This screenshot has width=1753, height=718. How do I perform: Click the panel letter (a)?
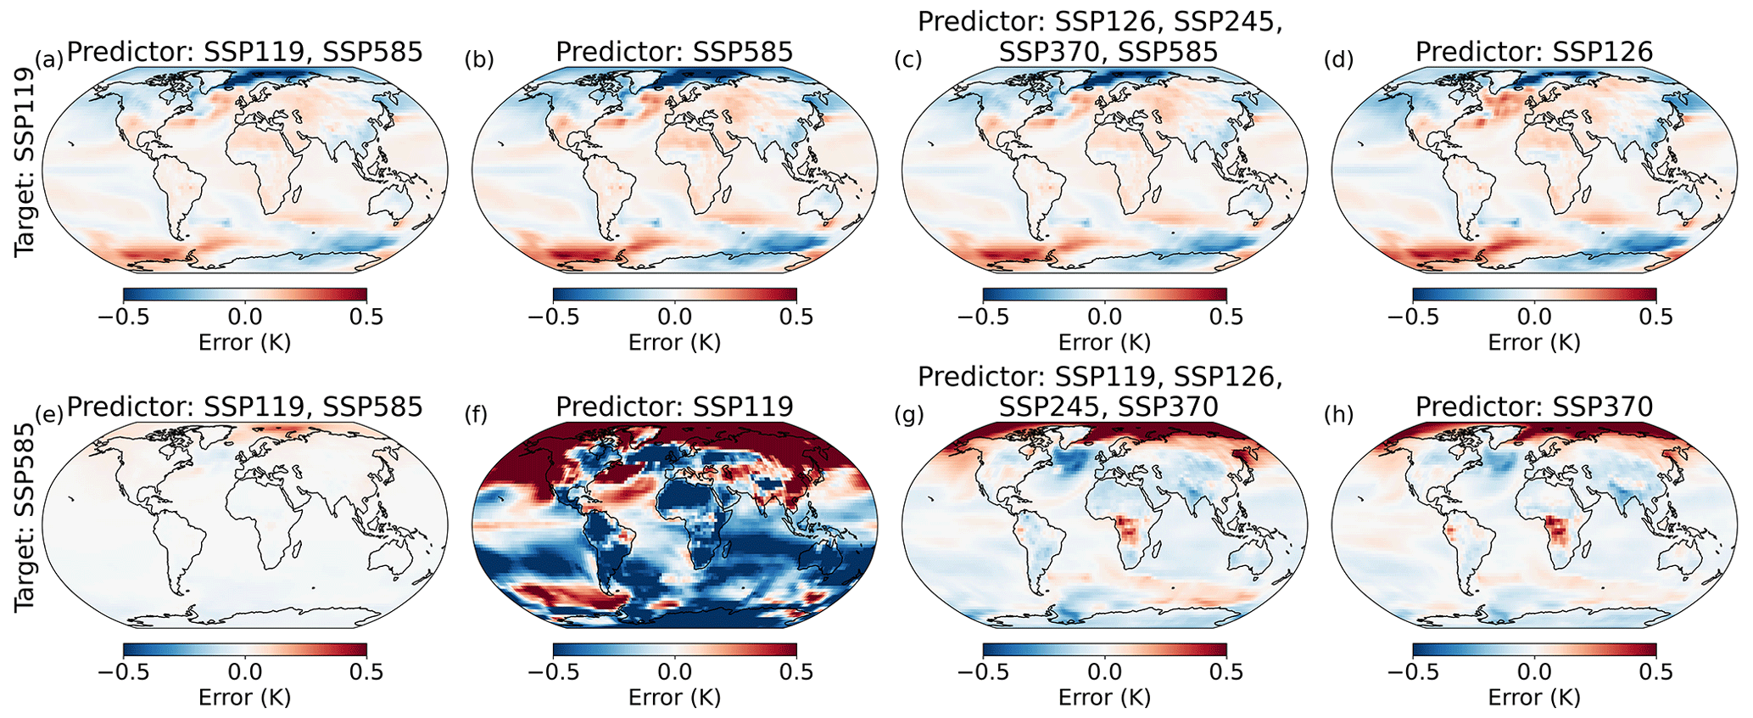pyautogui.click(x=49, y=59)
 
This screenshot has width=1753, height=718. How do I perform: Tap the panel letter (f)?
pyautogui.click(x=479, y=414)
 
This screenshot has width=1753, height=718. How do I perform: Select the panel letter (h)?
pyautogui.click(x=1339, y=414)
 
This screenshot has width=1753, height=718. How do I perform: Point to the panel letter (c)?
pyautogui.click(x=909, y=59)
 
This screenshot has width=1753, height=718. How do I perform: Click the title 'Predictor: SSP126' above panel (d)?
pyautogui.click(x=1534, y=52)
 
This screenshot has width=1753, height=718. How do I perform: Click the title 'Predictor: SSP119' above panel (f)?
pyautogui.click(x=674, y=407)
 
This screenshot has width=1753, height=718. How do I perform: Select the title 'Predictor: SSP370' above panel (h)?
pyautogui.click(x=1534, y=407)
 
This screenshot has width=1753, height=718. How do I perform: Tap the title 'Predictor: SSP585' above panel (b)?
pyautogui.click(x=674, y=52)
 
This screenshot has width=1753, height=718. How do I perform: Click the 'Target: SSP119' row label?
pyautogui.click(x=25, y=161)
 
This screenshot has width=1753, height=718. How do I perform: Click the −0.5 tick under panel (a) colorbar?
pyautogui.click(x=123, y=317)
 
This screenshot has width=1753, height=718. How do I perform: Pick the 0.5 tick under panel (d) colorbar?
pyautogui.click(x=1655, y=317)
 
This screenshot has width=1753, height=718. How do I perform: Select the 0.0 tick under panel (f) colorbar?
pyautogui.click(x=674, y=671)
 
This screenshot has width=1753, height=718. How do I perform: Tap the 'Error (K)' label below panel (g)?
pyautogui.click(x=1104, y=697)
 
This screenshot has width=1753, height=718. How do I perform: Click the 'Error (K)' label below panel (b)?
pyautogui.click(x=674, y=342)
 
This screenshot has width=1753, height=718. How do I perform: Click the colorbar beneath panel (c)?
pyautogui.click(x=1104, y=294)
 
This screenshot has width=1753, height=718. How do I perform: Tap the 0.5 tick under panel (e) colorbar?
pyautogui.click(x=366, y=671)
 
